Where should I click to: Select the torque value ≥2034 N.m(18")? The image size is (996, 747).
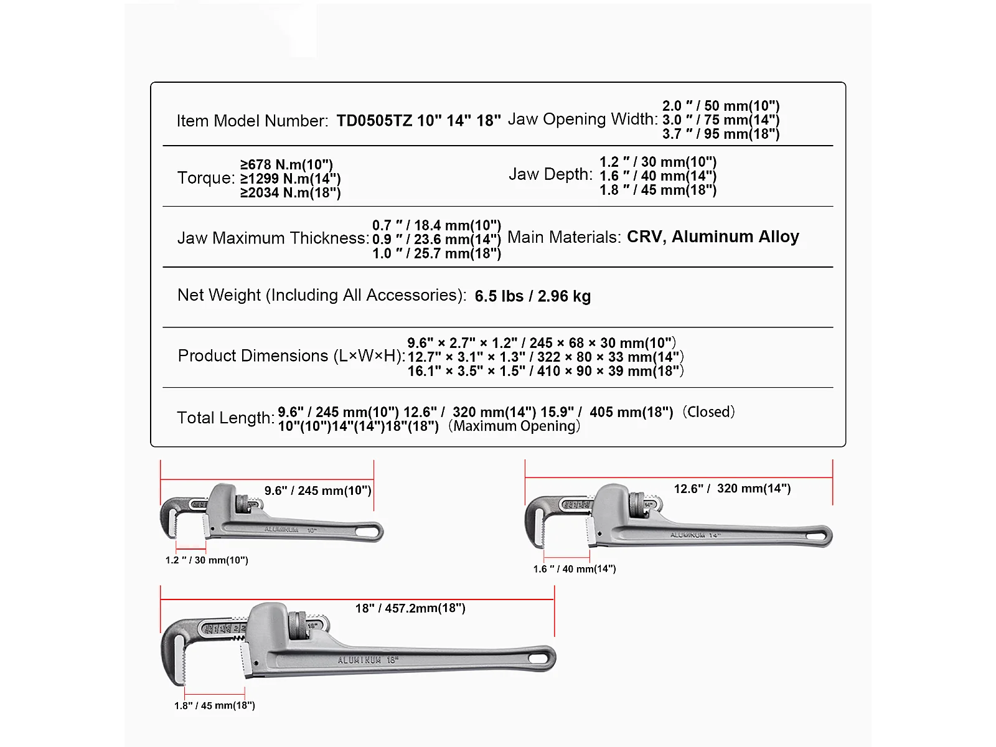pyautogui.click(x=291, y=193)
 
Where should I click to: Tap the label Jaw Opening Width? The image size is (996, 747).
pyautogui.click(x=583, y=120)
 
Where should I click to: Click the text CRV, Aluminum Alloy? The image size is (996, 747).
pyautogui.click(x=713, y=237)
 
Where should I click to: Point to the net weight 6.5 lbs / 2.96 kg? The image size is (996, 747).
pyautogui.click(x=532, y=296)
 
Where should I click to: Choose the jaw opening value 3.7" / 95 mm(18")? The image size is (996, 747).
pyautogui.click(x=721, y=134)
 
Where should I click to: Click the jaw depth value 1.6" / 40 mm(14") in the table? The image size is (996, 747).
pyautogui.click(x=658, y=176)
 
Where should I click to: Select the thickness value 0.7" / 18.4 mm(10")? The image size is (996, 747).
pyautogui.click(x=436, y=225)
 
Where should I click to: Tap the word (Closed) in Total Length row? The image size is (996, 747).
pyautogui.click(x=708, y=412)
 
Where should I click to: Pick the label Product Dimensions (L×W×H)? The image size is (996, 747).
pyautogui.click(x=291, y=356)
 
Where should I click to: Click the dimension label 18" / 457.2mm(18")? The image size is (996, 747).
pyautogui.click(x=410, y=608)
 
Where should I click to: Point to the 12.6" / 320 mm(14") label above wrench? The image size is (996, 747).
pyautogui.click(x=732, y=489)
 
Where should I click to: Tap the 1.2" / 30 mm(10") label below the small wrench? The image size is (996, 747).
pyautogui.click(x=207, y=560)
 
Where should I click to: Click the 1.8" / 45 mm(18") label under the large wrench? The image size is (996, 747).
pyautogui.click(x=215, y=705)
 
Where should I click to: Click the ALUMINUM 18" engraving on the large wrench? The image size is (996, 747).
pyautogui.click(x=368, y=660)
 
